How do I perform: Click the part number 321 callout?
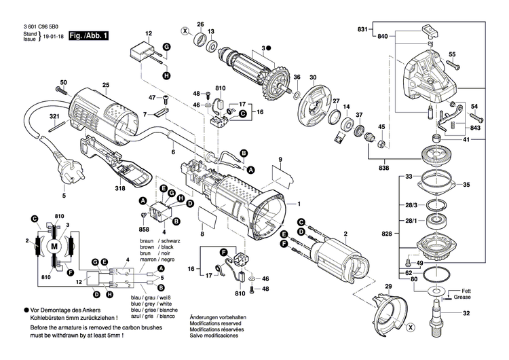click(56, 116)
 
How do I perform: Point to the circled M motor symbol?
click(54, 245)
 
